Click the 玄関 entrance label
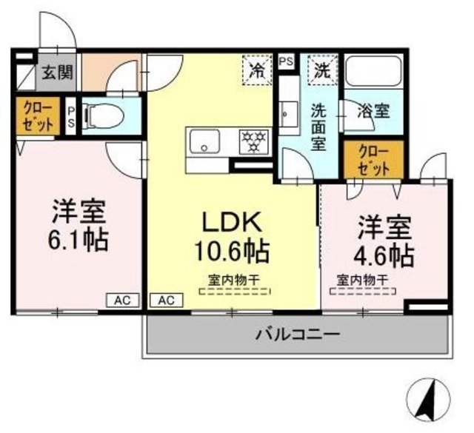click(56, 72)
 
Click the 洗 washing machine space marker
click(322, 71)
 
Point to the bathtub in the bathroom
click(373, 72)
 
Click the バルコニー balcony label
click(299, 334)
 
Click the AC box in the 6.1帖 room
click(122, 300)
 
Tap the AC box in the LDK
click(166, 300)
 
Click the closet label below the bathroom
click(374, 159)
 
